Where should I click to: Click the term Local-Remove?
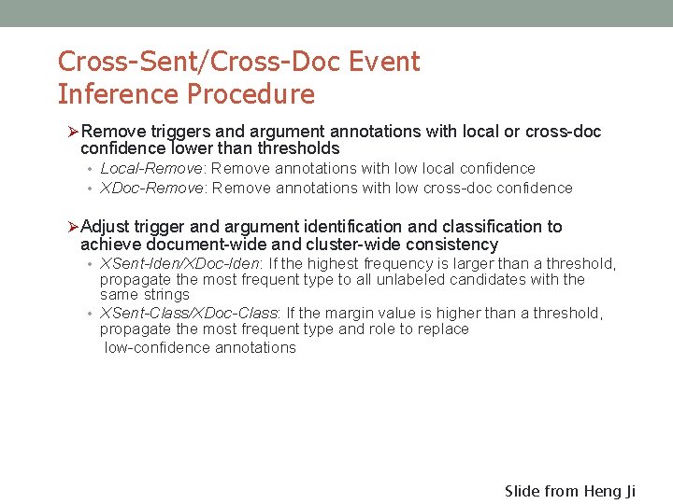click(153, 169)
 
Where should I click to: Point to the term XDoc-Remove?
click(153, 188)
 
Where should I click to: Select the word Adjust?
click(106, 227)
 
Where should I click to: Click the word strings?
click(167, 295)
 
